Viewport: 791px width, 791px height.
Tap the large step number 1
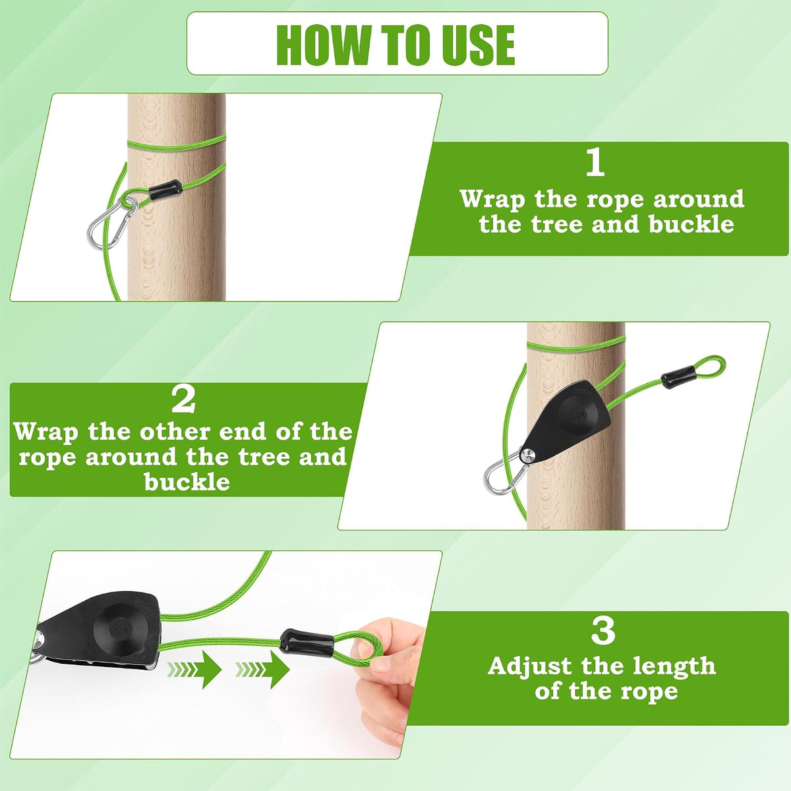596,162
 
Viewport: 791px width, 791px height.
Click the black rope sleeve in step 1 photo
165,190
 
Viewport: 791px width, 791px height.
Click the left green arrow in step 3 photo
194,670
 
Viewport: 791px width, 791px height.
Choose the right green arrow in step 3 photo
263,670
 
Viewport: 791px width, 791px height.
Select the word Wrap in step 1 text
492,200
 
